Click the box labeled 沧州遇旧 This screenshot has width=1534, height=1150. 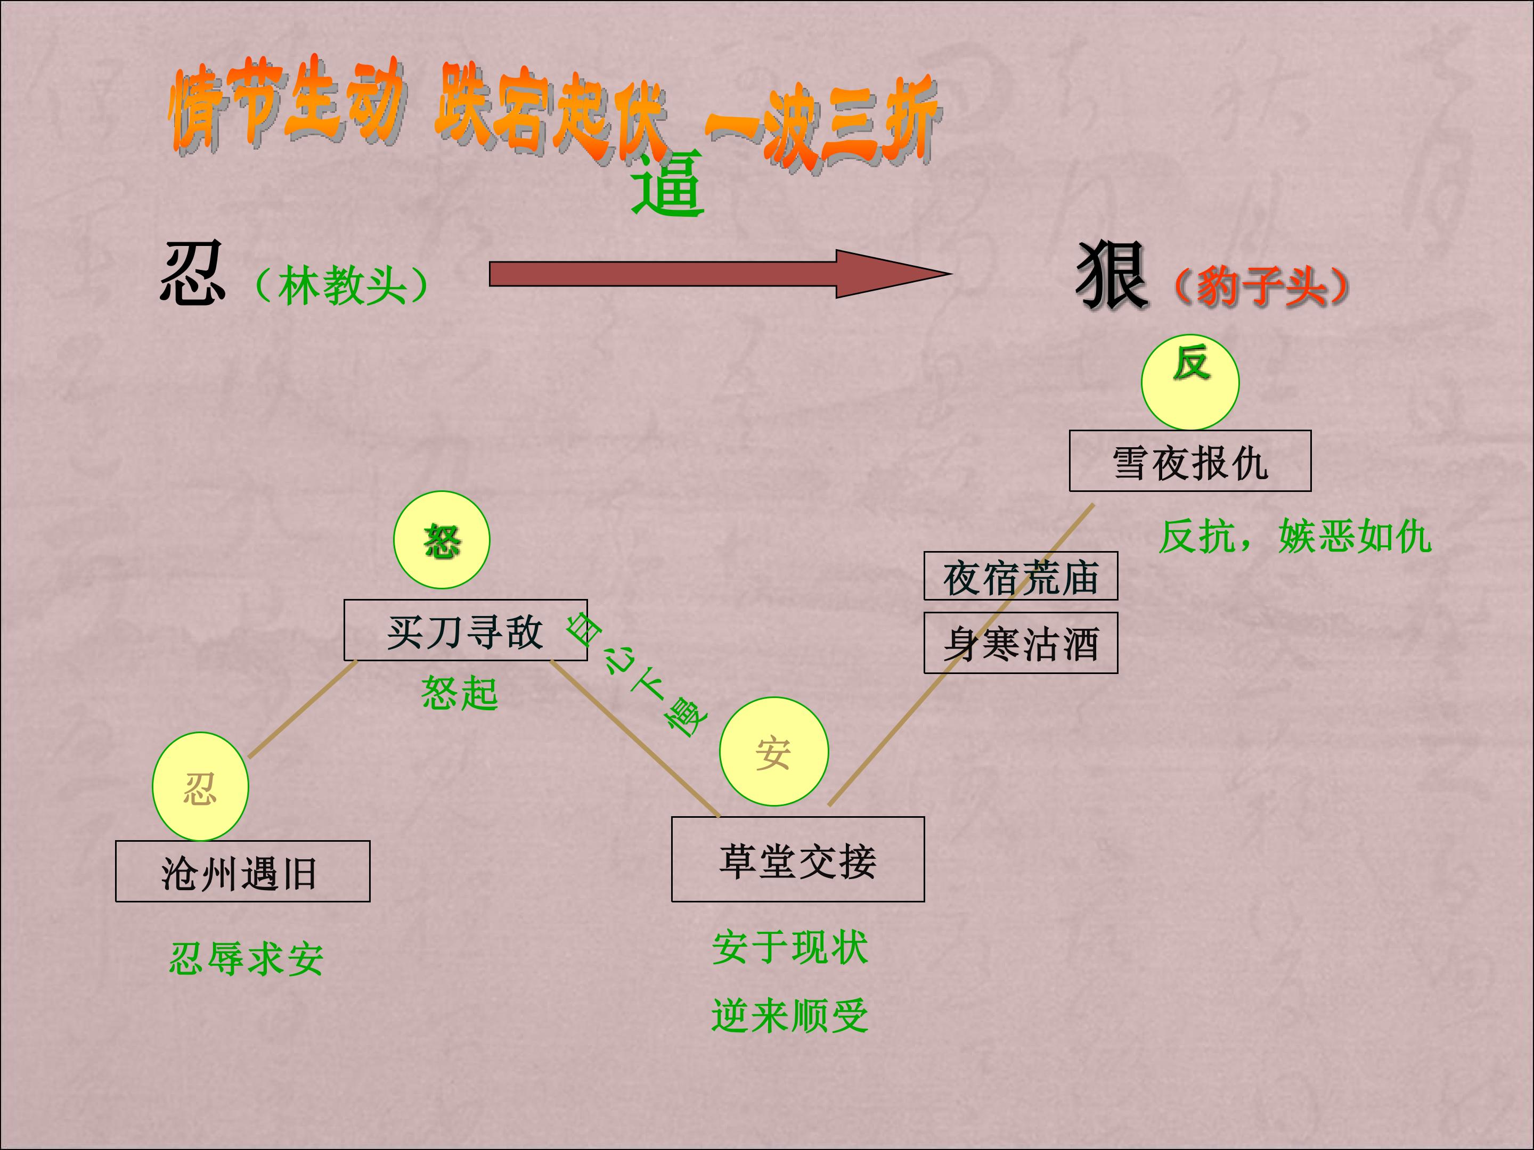point(243,872)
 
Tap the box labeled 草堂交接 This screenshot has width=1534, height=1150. point(797,859)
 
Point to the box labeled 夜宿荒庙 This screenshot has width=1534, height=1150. point(1021,576)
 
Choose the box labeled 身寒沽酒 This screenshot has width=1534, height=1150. point(1021,643)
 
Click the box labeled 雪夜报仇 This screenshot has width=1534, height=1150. point(1190,461)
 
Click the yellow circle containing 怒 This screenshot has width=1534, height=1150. point(442,540)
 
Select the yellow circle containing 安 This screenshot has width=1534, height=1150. point(774,751)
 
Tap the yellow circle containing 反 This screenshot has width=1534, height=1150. point(1190,382)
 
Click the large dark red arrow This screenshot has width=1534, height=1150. point(720,274)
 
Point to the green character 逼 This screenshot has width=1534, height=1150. point(668,184)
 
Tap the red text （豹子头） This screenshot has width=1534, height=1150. point(1261,286)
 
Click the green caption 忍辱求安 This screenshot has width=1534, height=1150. point(246,959)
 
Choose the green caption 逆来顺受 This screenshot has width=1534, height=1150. point(790,1015)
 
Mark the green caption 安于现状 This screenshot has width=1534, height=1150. point(790,948)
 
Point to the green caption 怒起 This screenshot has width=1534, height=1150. point(460,693)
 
